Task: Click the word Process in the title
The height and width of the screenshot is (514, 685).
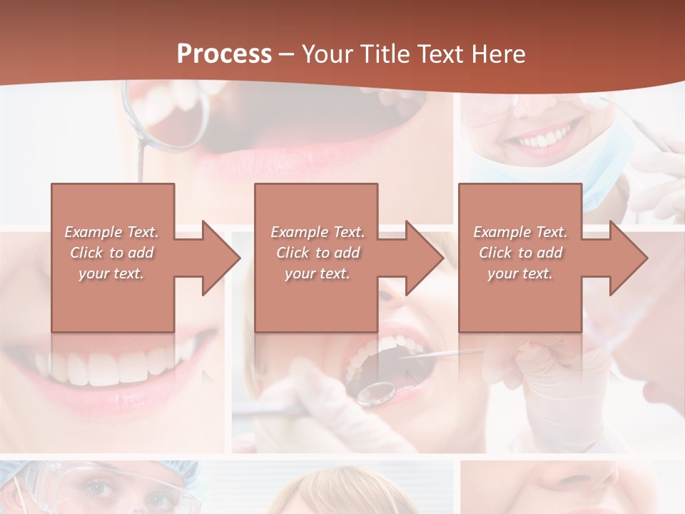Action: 224,54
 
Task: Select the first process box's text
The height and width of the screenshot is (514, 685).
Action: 112,253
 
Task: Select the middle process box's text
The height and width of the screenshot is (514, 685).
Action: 318,253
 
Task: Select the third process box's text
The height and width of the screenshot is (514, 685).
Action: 520,253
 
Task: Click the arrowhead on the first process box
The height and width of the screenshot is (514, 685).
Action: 221,258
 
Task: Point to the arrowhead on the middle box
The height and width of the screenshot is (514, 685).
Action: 425,258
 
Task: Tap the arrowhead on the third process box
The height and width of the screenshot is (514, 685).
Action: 629,258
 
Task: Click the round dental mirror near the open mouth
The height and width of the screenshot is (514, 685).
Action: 376,392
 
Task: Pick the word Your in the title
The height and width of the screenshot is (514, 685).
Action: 329,54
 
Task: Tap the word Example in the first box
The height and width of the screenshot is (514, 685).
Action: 91,232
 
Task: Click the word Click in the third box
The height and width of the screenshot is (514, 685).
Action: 495,253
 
